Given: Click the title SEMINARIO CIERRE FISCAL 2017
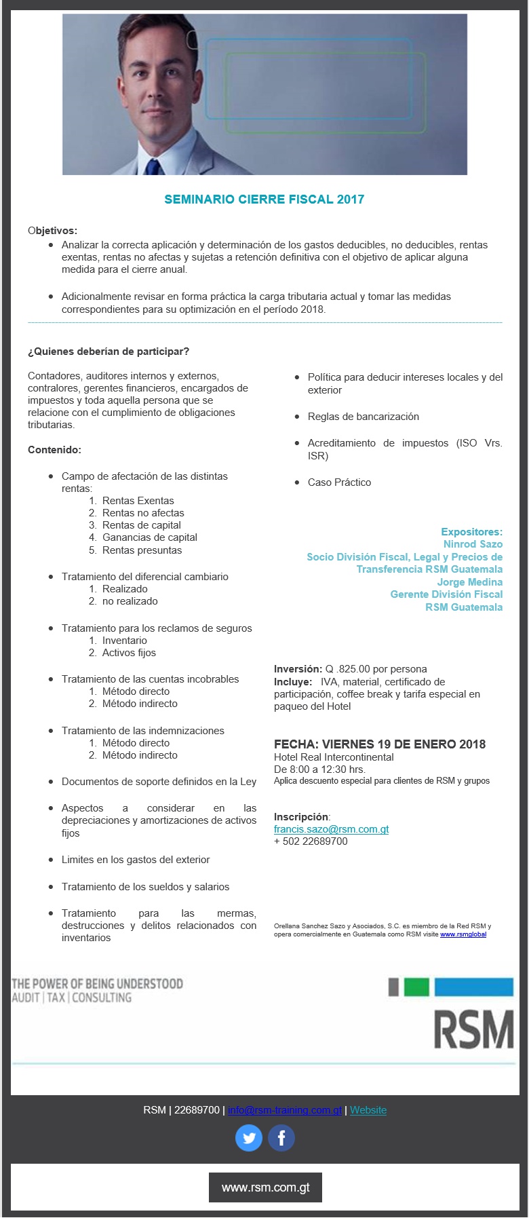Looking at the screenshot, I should [x=264, y=199].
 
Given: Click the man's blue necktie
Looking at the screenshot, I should [x=155, y=168].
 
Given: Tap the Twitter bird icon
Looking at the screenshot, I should [x=249, y=1138].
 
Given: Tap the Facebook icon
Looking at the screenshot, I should [x=281, y=1138].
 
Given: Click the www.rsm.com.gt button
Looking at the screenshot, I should [x=265, y=1187].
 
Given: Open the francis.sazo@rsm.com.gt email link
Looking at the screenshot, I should [x=331, y=829].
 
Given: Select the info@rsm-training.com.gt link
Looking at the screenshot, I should [x=285, y=1110].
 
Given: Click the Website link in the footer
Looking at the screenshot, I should [x=368, y=1110].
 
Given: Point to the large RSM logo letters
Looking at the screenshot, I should [x=473, y=1030].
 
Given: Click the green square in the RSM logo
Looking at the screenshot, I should [x=416, y=987].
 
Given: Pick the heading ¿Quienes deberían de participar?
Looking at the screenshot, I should [x=109, y=351].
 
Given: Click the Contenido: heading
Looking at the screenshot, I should [x=54, y=450].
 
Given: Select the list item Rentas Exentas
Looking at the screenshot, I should [x=138, y=501].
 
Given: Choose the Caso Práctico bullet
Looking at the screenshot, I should [x=339, y=482].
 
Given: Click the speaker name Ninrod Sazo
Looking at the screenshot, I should [x=473, y=544].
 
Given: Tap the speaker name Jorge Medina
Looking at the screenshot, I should [x=469, y=582].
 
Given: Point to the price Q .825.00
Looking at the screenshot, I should [x=348, y=669].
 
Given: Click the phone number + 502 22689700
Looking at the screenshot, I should [x=311, y=841].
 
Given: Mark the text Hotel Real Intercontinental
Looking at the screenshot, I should [x=334, y=757].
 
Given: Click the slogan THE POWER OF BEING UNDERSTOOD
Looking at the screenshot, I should [x=97, y=984].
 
